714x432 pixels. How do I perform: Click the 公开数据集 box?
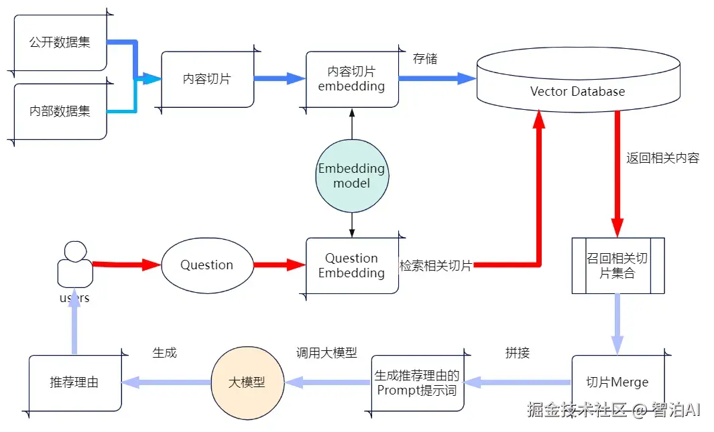pyautogui.click(x=60, y=42)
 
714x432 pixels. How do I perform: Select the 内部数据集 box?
pyautogui.click(x=60, y=111)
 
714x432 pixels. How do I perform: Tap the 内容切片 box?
pyautogui.click(x=207, y=79)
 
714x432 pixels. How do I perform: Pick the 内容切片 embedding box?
pyautogui.click(x=352, y=79)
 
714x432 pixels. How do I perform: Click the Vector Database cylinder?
pyautogui.click(x=577, y=87)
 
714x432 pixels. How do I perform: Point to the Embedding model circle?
pyautogui.click(x=352, y=175)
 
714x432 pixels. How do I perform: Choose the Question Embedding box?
pyautogui.click(x=352, y=265)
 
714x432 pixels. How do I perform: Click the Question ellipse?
pyautogui.click(x=206, y=265)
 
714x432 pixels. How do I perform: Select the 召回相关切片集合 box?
pyautogui.click(x=617, y=266)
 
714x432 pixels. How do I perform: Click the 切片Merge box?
pyautogui.click(x=617, y=382)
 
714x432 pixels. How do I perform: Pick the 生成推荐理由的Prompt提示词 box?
pyautogui.click(x=418, y=383)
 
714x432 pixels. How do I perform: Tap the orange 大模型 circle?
pyautogui.click(x=247, y=382)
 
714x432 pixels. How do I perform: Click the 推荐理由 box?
pyautogui.click(x=74, y=382)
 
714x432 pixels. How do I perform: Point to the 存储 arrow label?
pyautogui.click(x=425, y=59)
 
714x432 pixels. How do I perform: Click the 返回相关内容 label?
pyautogui.click(x=662, y=159)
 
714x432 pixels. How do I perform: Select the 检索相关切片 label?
pyautogui.click(x=436, y=266)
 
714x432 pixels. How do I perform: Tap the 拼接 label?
pyautogui.click(x=518, y=353)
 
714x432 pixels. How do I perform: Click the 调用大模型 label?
pyautogui.click(x=326, y=353)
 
